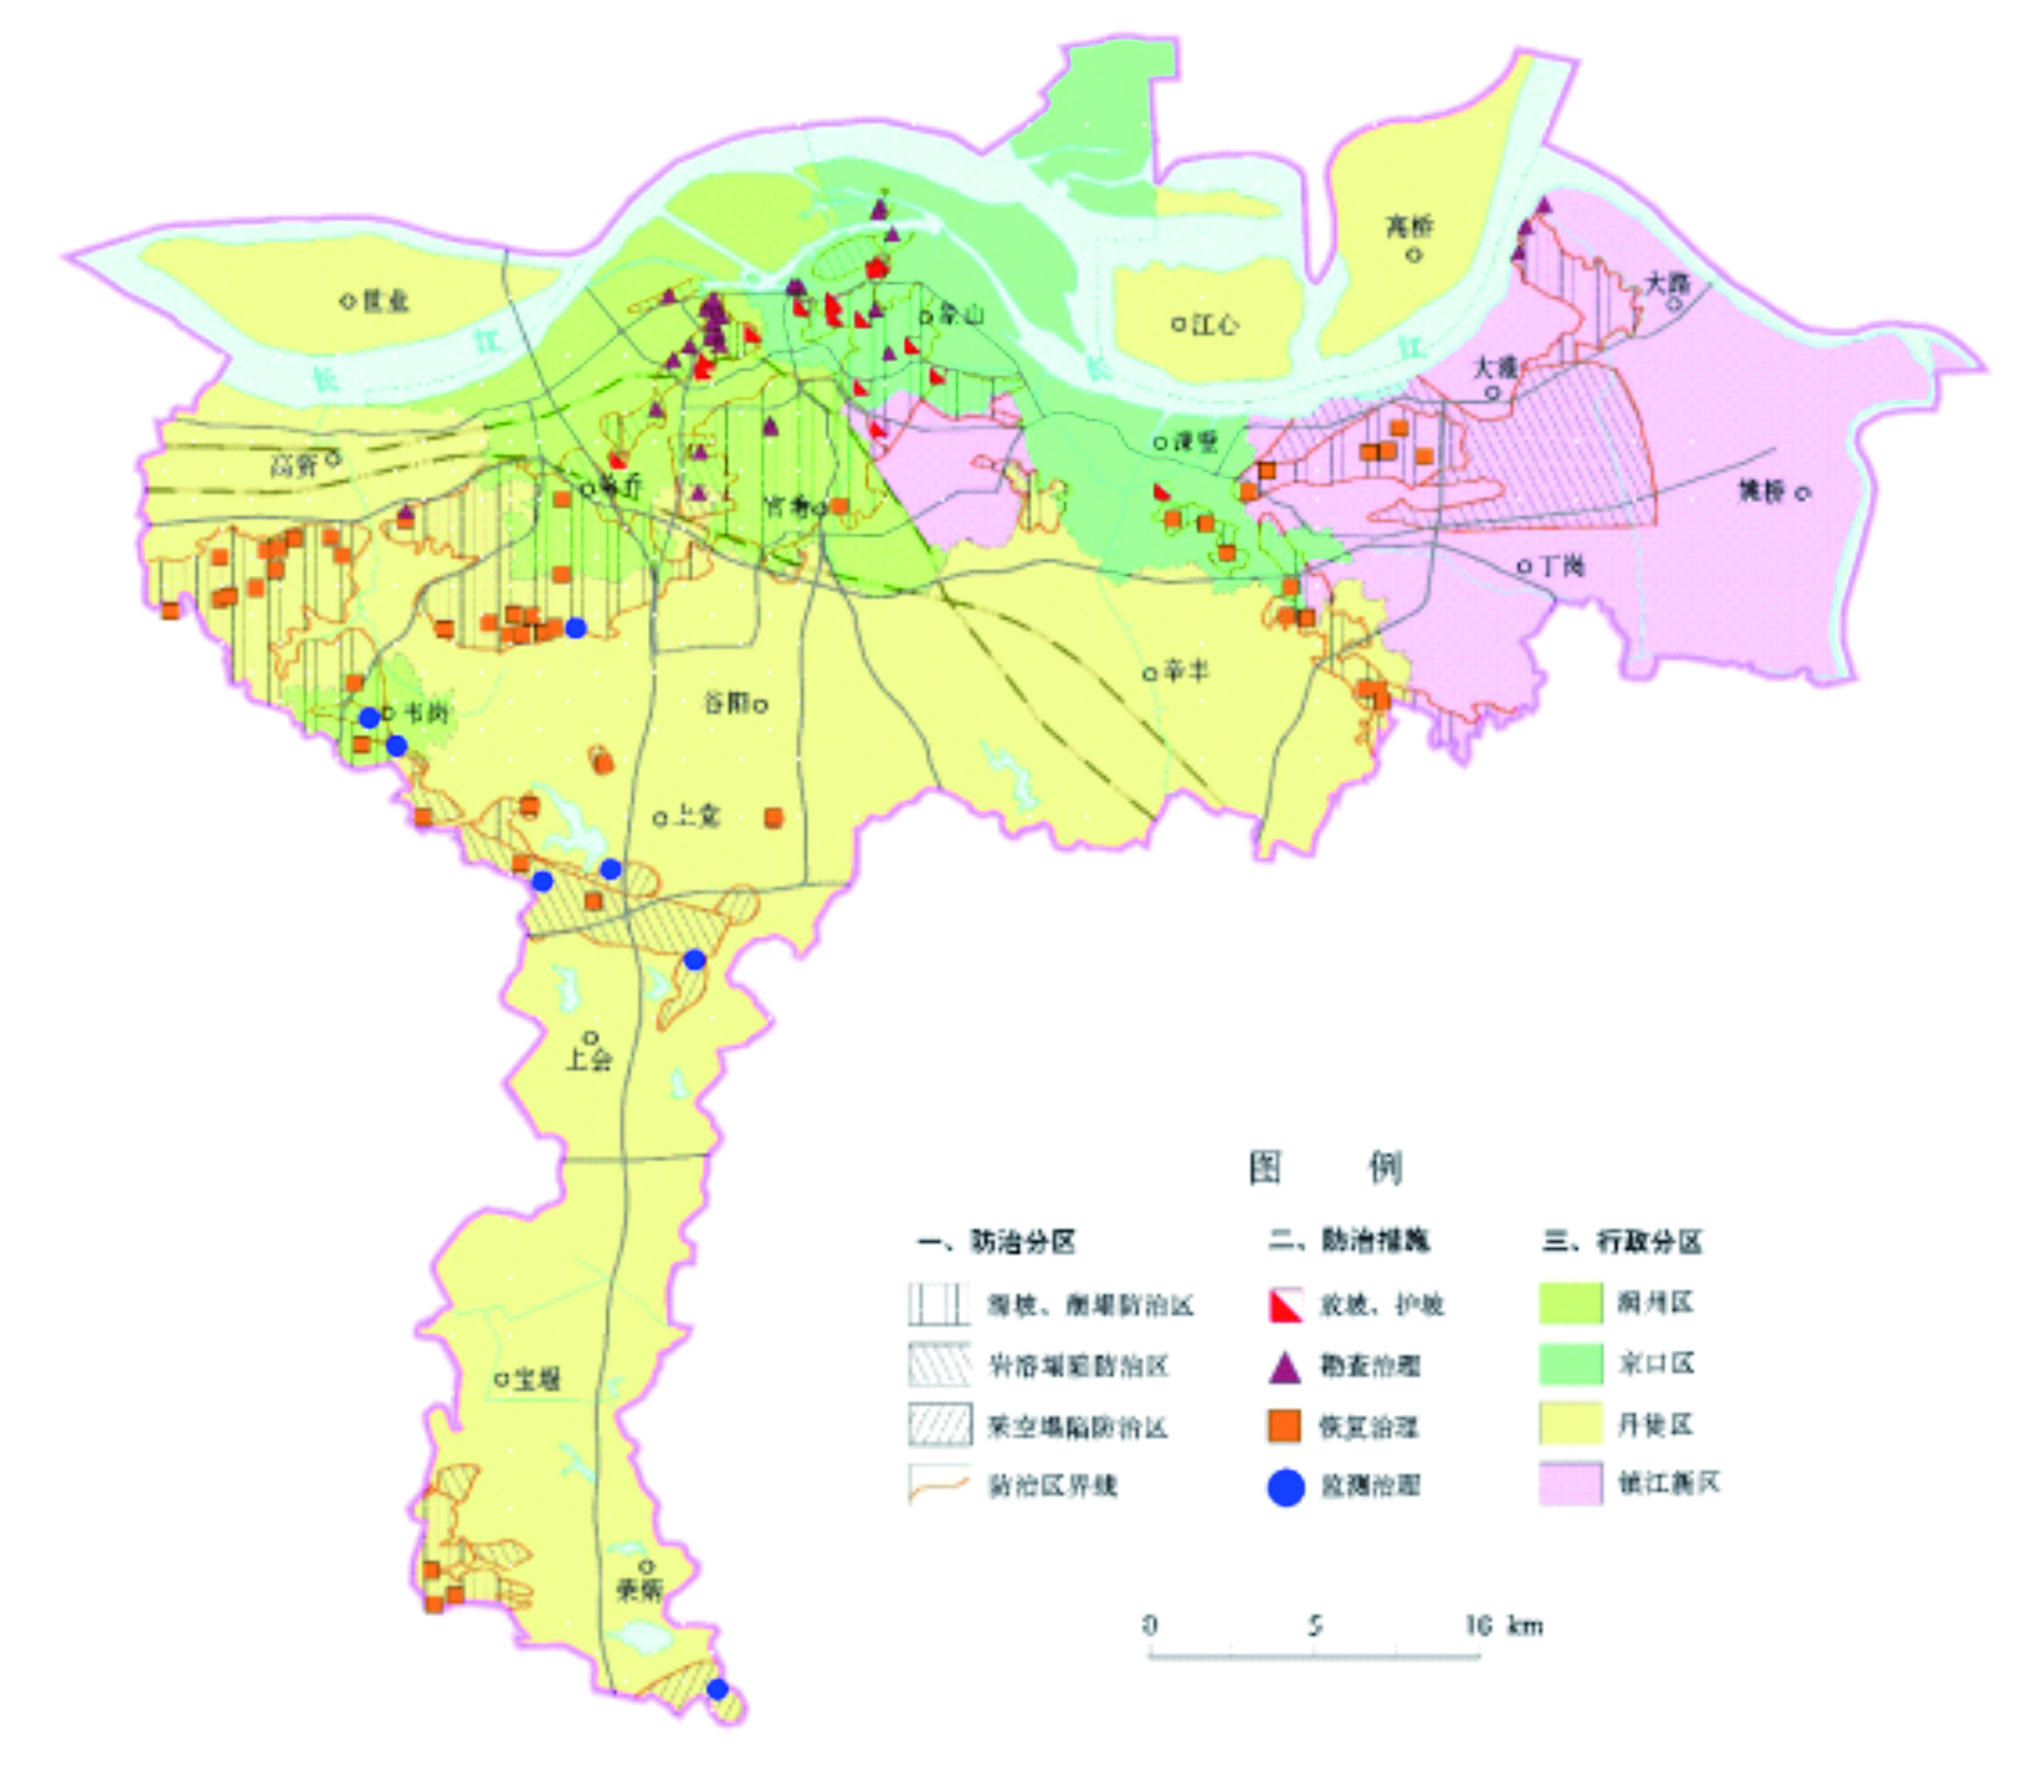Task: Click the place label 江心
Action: tap(1214, 324)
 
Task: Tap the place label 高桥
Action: tap(1409, 227)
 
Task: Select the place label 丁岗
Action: tap(1561, 566)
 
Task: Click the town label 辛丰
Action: tap(1186, 672)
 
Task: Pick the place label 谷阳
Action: tap(726, 703)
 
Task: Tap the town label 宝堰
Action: tap(537, 1379)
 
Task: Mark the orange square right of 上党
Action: tap(773, 817)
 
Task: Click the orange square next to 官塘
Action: tap(840, 506)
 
